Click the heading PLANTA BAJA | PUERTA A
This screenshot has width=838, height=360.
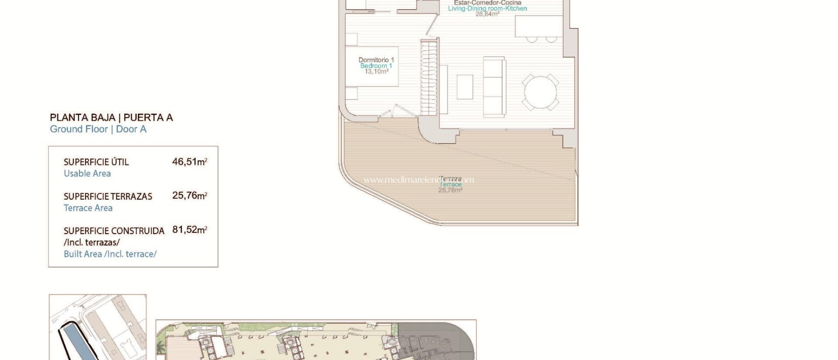(111, 118)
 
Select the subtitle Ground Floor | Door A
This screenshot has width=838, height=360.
(98, 129)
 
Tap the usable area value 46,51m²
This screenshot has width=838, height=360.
(189, 162)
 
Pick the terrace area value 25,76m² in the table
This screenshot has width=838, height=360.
(189, 196)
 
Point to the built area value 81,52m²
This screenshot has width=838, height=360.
(189, 229)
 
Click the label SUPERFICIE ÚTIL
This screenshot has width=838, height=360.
(96, 162)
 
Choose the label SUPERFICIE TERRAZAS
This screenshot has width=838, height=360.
(108, 196)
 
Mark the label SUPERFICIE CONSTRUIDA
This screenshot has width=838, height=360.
(114, 231)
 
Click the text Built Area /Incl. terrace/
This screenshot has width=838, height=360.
(110, 254)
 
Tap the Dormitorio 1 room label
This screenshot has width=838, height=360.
(376, 60)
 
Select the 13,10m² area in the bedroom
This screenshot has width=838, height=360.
(376, 72)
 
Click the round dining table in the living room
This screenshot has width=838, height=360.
(540, 92)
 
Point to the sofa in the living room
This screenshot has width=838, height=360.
(494, 87)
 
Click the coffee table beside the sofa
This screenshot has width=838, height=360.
(465, 87)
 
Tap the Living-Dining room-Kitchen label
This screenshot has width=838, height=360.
(487, 8)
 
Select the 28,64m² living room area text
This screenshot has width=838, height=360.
(487, 14)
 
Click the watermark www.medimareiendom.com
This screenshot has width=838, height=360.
(419, 180)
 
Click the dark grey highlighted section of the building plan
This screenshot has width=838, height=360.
(436, 342)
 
